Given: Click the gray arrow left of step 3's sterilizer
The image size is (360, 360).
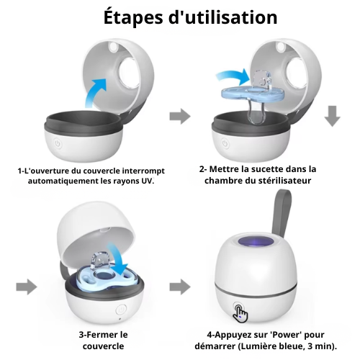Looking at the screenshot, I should point(27,287).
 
